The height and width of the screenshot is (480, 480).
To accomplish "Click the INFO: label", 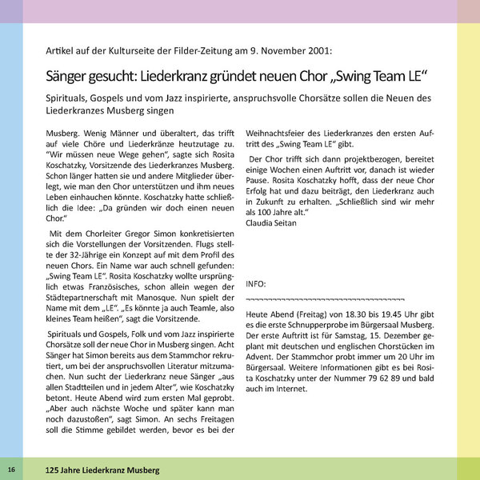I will coord(256,284).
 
